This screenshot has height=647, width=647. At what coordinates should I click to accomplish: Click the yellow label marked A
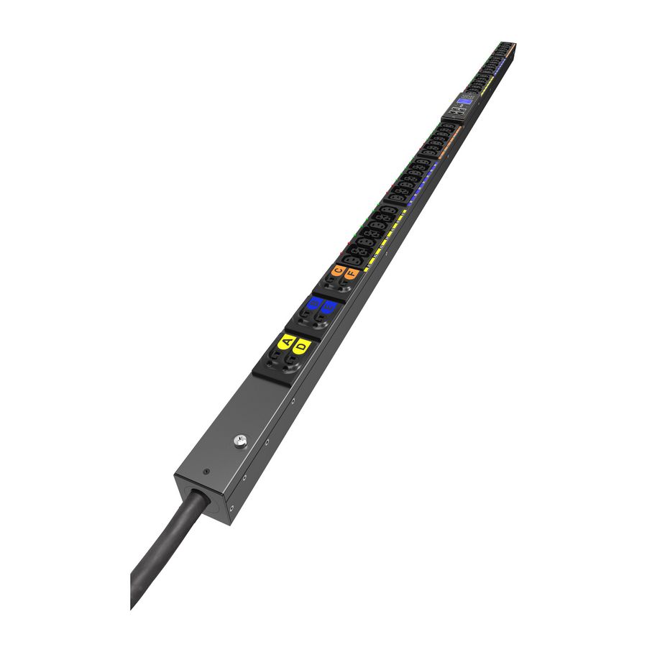click(x=287, y=341)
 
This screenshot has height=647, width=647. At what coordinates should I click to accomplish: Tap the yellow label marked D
click(x=302, y=347)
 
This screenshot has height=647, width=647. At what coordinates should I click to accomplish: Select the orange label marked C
click(x=337, y=270)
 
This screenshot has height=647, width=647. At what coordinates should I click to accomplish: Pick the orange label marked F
click(x=351, y=274)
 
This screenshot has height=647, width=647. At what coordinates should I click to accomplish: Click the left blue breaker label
click(x=313, y=305)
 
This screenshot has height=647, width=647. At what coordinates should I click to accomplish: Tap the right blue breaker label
click(x=329, y=309)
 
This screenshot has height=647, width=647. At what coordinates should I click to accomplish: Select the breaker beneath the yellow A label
click(x=276, y=357)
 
